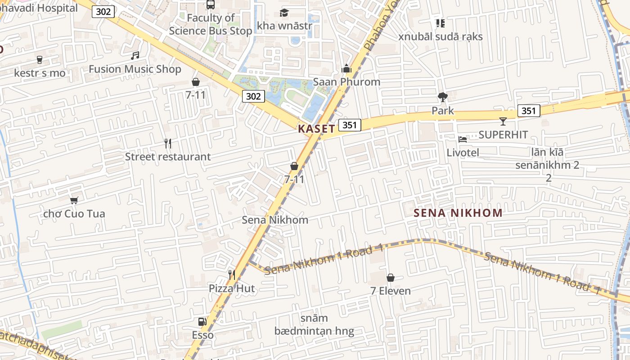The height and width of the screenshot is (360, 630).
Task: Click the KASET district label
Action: (316, 129)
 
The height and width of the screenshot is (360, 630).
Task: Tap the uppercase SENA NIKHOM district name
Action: (458, 213)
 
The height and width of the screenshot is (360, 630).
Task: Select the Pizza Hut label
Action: (231, 288)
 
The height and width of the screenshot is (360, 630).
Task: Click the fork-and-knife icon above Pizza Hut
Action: (231, 275)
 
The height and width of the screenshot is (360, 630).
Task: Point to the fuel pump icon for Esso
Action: (202, 321)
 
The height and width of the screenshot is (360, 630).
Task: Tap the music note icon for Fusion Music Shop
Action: (135, 56)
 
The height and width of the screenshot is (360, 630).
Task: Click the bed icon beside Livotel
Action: (463, 139)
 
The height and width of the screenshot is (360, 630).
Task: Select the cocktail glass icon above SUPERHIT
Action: (503, 121)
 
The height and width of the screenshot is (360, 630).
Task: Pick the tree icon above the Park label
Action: (442, 97)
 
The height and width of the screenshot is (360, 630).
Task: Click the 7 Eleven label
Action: (390, 291)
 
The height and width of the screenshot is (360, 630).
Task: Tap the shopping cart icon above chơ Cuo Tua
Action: (74, 200)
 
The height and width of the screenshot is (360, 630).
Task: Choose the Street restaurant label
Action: (167, 157)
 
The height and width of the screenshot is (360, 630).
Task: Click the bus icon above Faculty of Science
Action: (210, 4)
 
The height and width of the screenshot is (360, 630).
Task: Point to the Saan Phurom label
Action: (346, 82)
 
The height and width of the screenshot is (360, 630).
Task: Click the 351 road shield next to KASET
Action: (350, 125)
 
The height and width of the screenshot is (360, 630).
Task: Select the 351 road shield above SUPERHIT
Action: (528, 111)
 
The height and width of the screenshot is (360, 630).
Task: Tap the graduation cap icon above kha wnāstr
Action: (284, 13)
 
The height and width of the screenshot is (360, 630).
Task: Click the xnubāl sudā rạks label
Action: (440, 36)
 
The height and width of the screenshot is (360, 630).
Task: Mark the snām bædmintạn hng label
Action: (314, 325)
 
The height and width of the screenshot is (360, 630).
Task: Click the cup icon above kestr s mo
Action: (40, 59)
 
